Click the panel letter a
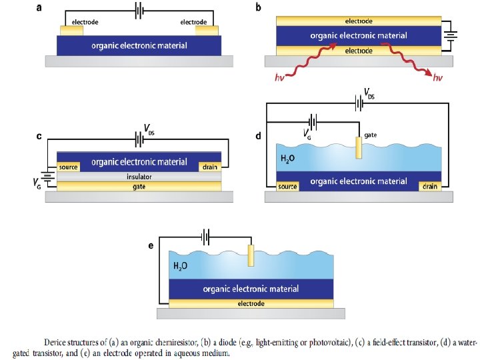(39, 7)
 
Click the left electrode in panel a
(71, 31)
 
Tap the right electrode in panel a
(207, 31)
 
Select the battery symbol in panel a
(139, 11)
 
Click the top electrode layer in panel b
(359, 21)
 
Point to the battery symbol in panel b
(450, 35)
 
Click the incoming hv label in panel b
(279, 78)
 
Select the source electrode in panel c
(68, 167)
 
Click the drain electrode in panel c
(210, 167)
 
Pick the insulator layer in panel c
(139, 177)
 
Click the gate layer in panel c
(139, 187)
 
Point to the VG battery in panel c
(47, 177)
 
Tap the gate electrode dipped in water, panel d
(359, 147)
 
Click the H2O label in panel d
(287, 159)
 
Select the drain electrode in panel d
(430, 187)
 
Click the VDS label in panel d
(369, 93)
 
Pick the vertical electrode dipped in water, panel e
(251, 255)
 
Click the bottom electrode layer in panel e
(251, 304)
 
